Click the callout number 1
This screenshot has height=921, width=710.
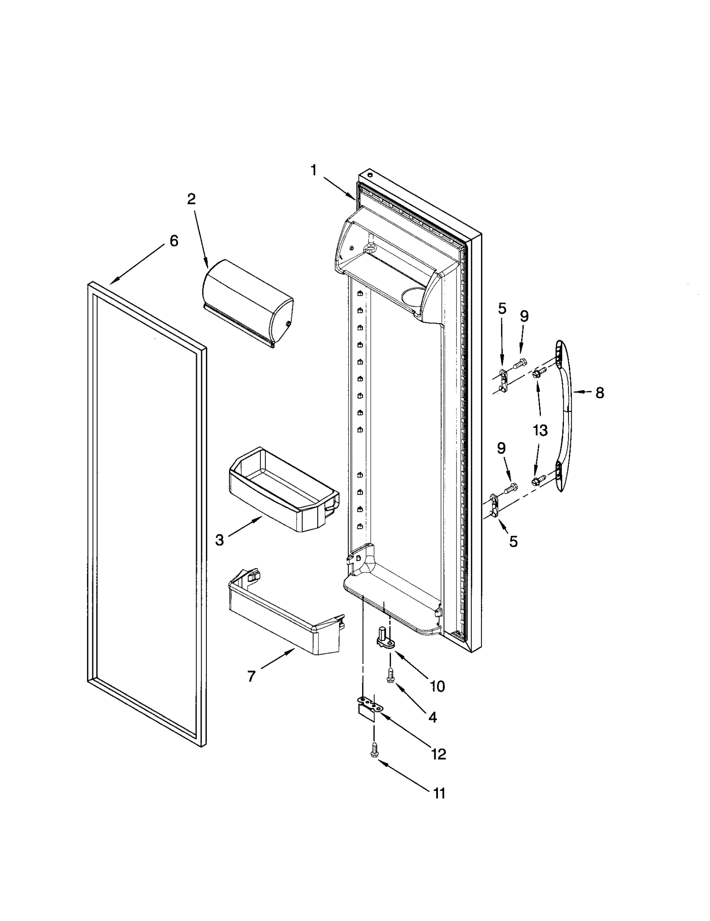pos(314,170)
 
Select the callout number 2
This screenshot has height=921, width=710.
pos(191,199)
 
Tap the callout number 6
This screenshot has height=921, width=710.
pos(174,241)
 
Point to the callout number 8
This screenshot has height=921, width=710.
pos(600,393)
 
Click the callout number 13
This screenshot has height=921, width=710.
pos(540,430)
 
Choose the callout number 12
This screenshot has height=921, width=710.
pos(438,754)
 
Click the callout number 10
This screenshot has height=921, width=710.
pos(437,687)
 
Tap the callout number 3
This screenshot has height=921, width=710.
pos(220,540)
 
